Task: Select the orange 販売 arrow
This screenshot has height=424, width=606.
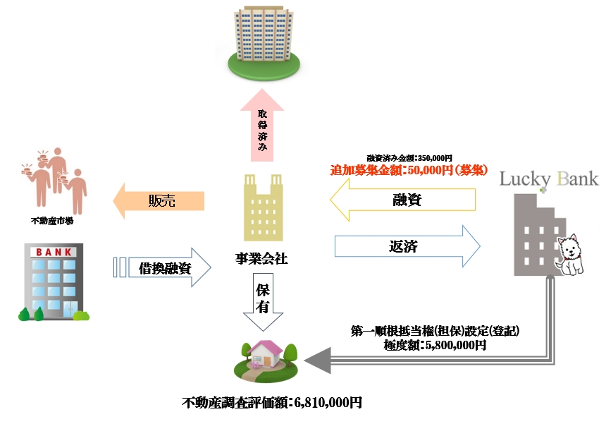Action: (x=159, y=201)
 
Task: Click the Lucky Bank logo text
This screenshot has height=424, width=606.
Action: (x=548, y=178)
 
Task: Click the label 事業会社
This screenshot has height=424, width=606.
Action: (x=261, y=259)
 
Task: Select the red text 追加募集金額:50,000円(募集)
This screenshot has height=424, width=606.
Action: (x=409, y=170)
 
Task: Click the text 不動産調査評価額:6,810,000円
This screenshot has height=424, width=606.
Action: (x=271, y=403)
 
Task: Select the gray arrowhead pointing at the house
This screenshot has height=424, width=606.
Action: (x=319, y=361)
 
